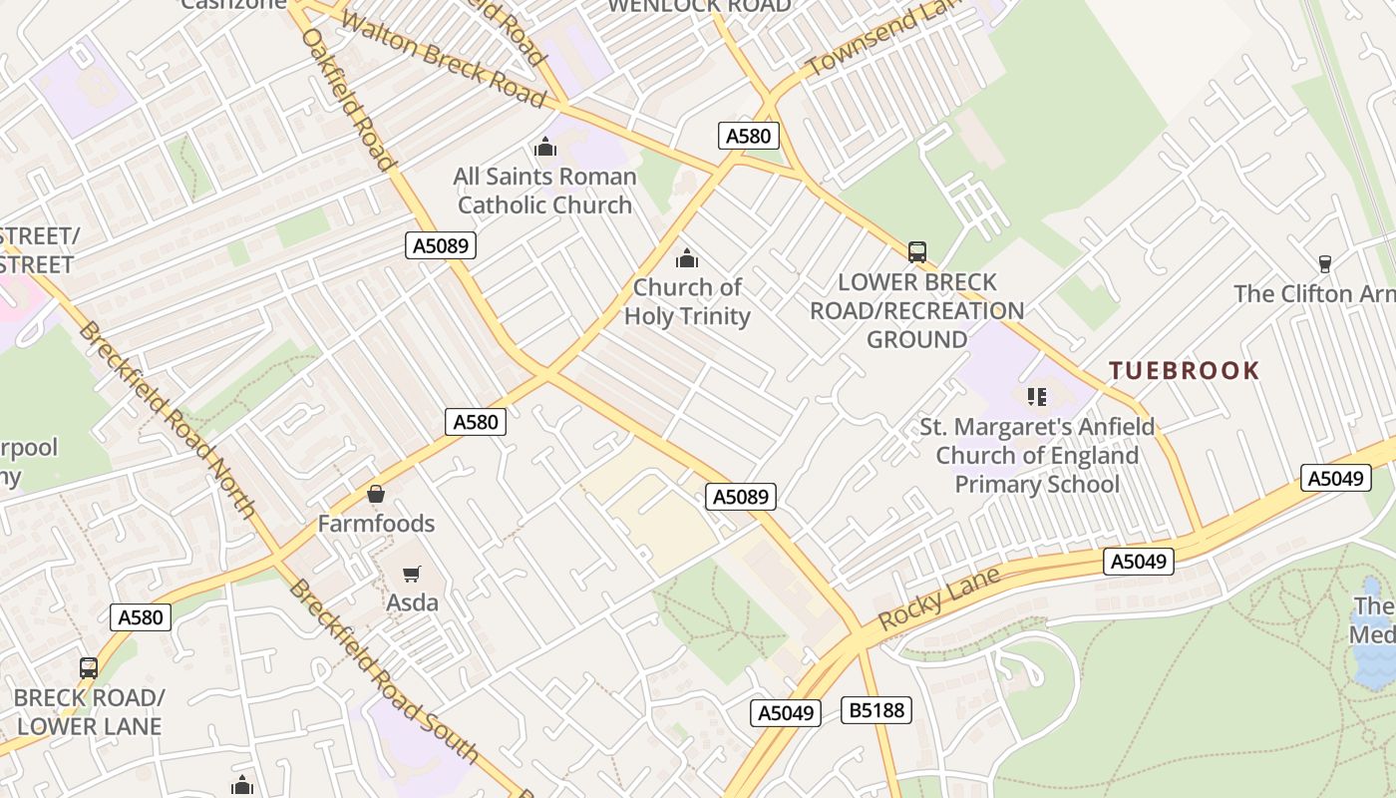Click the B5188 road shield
pos(876,710)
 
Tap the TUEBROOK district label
pos(1185,371)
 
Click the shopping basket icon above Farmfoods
pos(376,494)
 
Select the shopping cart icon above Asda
pos(411,574)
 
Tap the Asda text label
pos(412,602)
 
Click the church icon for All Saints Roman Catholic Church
pos(545,148)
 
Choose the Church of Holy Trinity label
pos(687,301)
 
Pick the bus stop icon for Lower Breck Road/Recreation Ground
pos(917,252)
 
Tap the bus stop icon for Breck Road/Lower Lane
pos(89,667)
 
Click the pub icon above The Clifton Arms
pos(1324,264)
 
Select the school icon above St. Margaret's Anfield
pos(1037,397)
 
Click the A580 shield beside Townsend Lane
pos(748,136)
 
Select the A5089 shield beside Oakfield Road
pos(440,245)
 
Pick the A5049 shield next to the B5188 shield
pos(785,712)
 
